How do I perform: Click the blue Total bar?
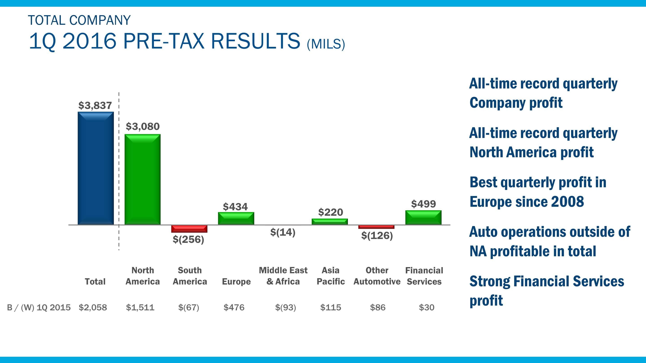click(x=96, y=168)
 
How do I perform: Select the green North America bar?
click(x=142, y=179)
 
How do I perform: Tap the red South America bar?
click(x=189, y=229)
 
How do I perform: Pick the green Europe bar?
click(x=236, y=218)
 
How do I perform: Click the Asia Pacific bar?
click(x=330, y=221)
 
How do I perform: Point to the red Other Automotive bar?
click(x=376, y=227)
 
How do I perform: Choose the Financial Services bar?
click(x=423, y=217)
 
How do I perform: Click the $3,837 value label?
click(x=95, y=106)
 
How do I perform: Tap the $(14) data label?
click(x=283, y=232)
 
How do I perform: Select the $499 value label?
click(x=423, y=204)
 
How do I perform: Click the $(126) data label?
click(x=377, y=236)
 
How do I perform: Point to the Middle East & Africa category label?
click(x=283, y=276)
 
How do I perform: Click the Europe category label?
click(x=236, y=282)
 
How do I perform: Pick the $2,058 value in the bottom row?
click(x=93, y=307)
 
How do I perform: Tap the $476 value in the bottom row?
click(x=234, y=307)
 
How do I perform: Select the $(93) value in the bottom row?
click(x=285, y=307)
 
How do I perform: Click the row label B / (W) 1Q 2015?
click(x=39, y=307)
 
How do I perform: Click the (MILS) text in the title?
click(x=326, y=44)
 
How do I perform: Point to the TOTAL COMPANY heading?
click(x=79, y=20)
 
